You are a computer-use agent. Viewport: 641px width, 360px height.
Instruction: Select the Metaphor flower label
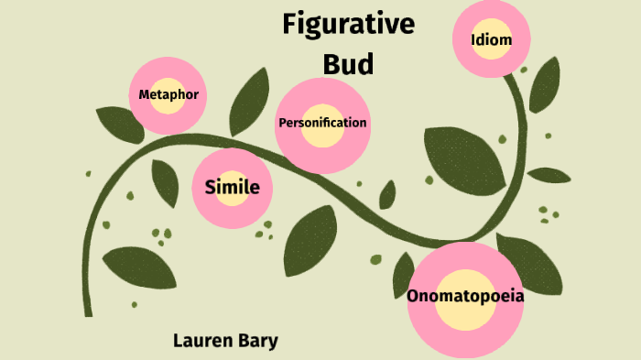click(x=168, y=94)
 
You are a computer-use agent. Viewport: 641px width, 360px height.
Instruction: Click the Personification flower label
click(x=322, y=123)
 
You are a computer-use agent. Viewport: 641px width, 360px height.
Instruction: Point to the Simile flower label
click(x=232, y=188)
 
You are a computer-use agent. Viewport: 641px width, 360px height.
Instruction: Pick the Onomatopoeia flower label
click(x=465, y=296)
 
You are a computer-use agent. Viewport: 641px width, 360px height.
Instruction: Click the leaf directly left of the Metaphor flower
click(x=120, y=125)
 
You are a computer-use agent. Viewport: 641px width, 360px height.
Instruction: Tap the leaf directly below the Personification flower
click(x=310, y=235)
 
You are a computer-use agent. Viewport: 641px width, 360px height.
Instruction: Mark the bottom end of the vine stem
click(x=88, y=311)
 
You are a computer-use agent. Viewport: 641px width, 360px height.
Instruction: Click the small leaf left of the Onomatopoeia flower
click(x=403, y=275)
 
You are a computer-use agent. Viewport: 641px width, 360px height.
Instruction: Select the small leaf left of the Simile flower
click(x=166, y=183)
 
